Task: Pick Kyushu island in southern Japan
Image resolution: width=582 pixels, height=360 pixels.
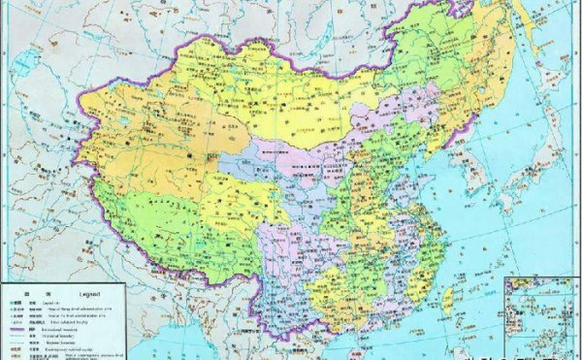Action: pos(504,209)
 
